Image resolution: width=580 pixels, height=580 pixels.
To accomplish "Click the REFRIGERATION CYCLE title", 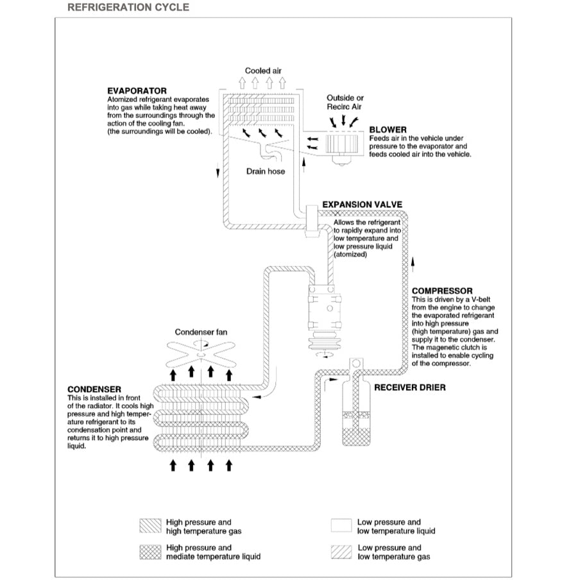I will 128,8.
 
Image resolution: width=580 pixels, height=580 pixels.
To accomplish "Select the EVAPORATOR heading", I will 137,91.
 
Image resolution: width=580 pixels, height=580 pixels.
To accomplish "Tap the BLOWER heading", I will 388,130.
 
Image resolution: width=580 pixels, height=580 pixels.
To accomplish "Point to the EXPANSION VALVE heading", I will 362,205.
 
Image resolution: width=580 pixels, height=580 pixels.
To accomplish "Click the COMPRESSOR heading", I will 442,291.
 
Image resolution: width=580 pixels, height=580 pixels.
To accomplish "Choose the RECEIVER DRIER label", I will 409,388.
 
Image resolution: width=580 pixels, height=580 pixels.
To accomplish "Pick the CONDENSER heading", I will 94,389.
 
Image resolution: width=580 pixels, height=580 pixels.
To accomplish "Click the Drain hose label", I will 265,171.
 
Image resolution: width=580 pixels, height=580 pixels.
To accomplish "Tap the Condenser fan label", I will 201,332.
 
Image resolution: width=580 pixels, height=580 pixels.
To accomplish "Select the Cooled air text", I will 263,71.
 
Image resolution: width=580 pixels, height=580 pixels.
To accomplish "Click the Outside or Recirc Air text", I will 345,103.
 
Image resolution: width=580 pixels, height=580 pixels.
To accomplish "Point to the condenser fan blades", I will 201,351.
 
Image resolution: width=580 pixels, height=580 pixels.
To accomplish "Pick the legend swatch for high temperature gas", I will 150,526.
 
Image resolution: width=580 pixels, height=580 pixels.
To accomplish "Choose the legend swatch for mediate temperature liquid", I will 150,552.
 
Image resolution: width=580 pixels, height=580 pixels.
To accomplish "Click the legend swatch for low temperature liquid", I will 341,526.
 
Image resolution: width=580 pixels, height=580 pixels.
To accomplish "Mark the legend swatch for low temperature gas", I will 341,552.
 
